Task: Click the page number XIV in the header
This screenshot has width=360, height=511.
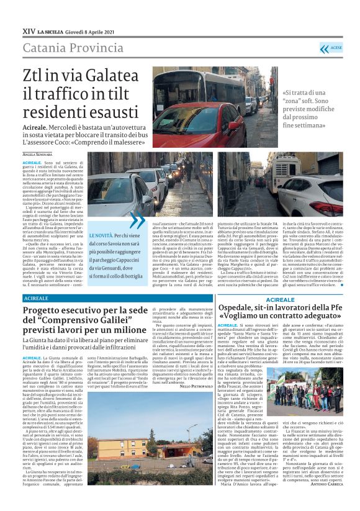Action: point(29,30)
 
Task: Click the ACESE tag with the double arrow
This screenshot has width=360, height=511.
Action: point(331,48)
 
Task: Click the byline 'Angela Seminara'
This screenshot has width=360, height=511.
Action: point(38,153)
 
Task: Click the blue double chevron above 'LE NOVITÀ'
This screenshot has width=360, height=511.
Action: point(137,220)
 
